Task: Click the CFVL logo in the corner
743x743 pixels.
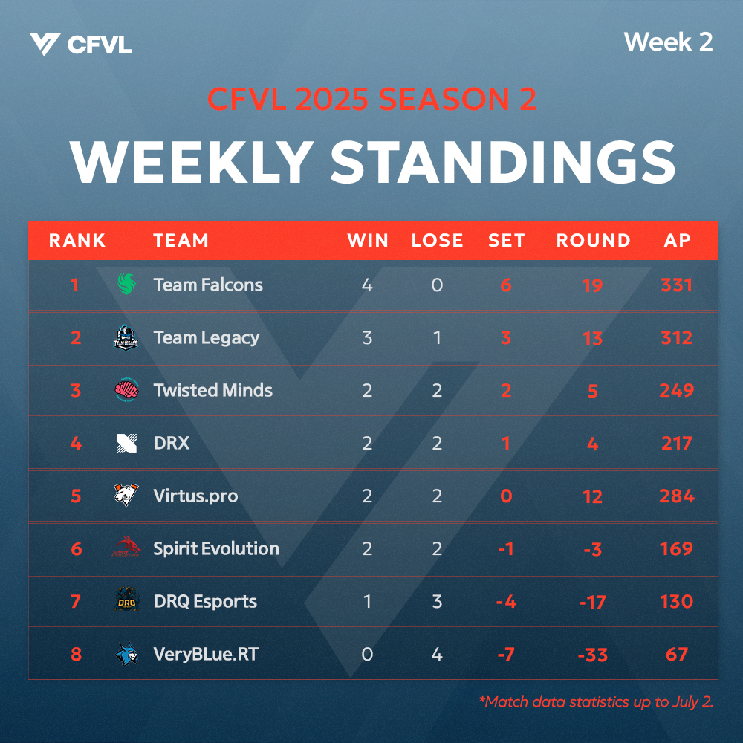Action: [x=80, y=45]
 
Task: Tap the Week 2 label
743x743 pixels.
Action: [x=668, y=42]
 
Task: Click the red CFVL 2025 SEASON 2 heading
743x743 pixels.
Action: [x=371, y=99]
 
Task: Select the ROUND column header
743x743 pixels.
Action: [x=593, y=240]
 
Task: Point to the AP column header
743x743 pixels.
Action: [x=677, y=240]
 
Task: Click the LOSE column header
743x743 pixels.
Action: [x=437, y=240]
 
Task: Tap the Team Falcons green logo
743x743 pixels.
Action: [x=126, y=284]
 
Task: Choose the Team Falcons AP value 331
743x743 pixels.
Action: [x=677, y=285]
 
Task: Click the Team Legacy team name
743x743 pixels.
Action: [x=206, y=338]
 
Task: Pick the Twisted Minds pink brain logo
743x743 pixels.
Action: [x=126, y=390]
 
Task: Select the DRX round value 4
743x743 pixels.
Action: [x=592, y=444]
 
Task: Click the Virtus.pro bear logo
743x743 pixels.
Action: [x=126, y=495]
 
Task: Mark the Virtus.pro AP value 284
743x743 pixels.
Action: [x=677, y=496]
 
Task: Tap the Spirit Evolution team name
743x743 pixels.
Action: [x=216, y=549]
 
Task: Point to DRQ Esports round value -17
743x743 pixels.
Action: [x=592, y=602]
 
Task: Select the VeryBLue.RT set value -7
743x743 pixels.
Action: [x=506, y=655]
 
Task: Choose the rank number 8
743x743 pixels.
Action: [x=76, y=655]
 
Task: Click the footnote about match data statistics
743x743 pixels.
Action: [x=596, y=702]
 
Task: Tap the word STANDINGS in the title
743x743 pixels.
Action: [x=503, y=162]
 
